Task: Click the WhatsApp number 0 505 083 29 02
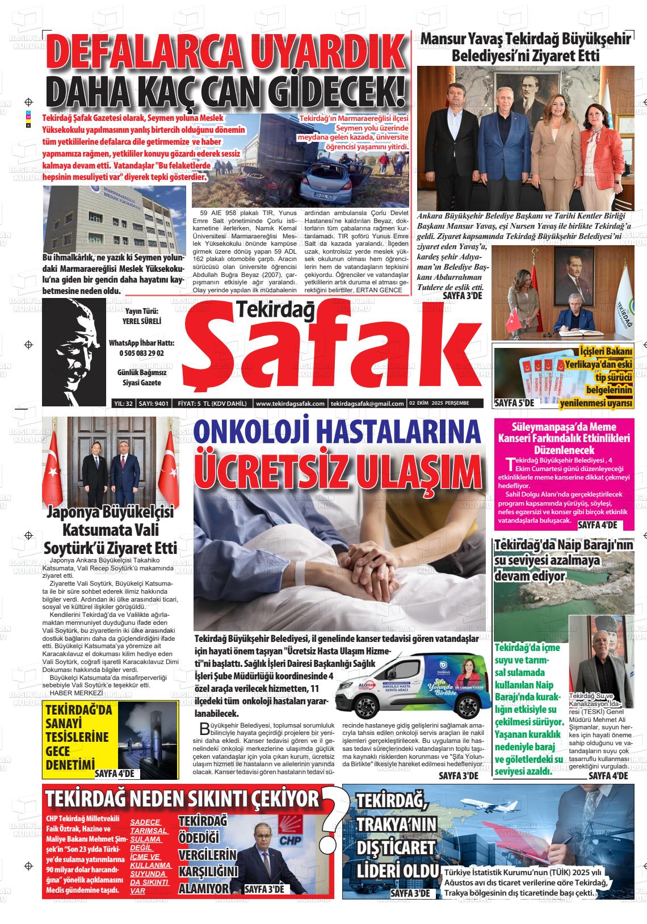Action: click(141, 353)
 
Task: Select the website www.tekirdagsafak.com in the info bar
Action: click(290, 404)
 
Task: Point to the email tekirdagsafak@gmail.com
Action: click(367, 404)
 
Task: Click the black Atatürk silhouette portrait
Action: click(74, 347)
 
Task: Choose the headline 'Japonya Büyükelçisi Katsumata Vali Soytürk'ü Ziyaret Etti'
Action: click(111, 530)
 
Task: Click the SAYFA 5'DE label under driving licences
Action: click(515, 403)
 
